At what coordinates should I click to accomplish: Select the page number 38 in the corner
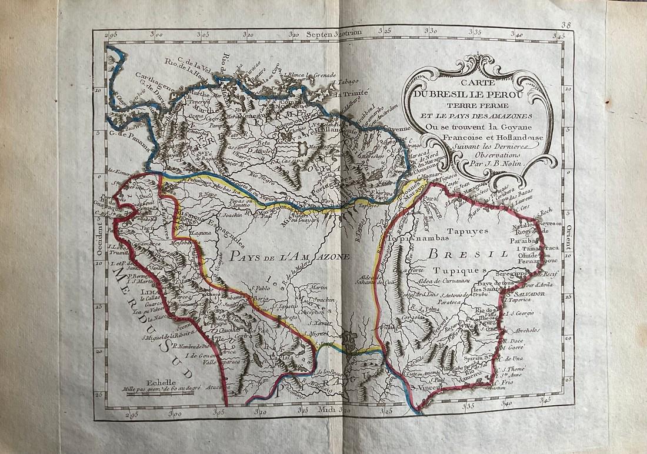pos(566,25)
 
